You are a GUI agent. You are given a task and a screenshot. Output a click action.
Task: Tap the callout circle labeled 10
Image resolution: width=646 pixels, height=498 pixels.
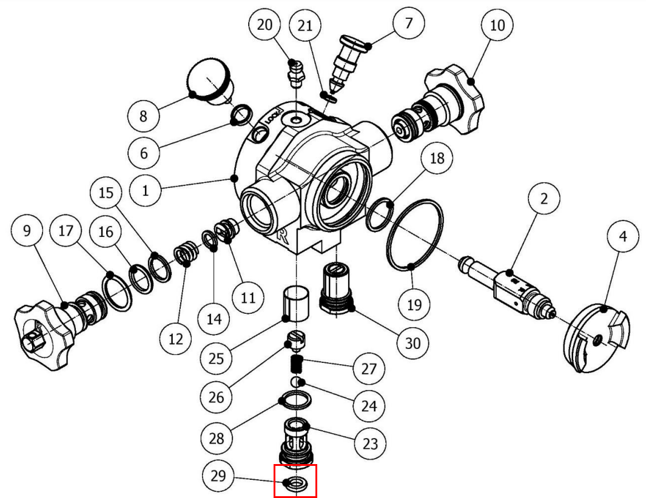click(497, 25)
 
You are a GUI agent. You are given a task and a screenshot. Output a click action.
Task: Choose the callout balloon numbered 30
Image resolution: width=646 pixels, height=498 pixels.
click(412, 342)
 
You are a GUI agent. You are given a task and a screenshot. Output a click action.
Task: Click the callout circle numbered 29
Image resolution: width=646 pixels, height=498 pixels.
click(218, 476)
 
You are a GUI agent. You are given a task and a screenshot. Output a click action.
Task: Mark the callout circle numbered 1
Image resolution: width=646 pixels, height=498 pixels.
click(145, 190)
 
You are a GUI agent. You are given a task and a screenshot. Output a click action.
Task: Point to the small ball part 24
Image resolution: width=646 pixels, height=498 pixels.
click(297, 383)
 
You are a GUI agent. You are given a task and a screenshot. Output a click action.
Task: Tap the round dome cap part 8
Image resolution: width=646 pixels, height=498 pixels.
click(210, 82)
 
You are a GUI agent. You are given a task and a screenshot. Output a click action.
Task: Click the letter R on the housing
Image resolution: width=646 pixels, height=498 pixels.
click(282, 236)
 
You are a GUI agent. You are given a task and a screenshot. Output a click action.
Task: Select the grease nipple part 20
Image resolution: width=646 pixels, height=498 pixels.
click(295, 71)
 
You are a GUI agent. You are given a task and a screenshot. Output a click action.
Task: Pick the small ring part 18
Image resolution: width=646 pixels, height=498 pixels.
click(381, 214)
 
